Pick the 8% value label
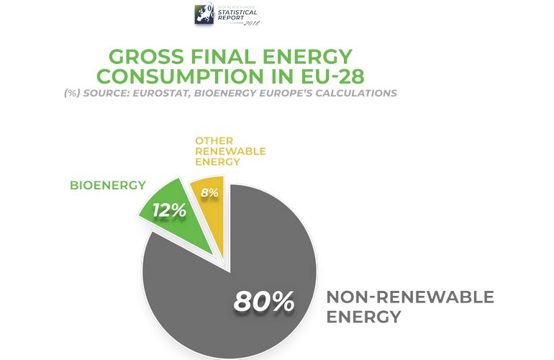(210, 193)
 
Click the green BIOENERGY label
(107, 185)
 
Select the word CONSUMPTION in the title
(180, 76)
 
